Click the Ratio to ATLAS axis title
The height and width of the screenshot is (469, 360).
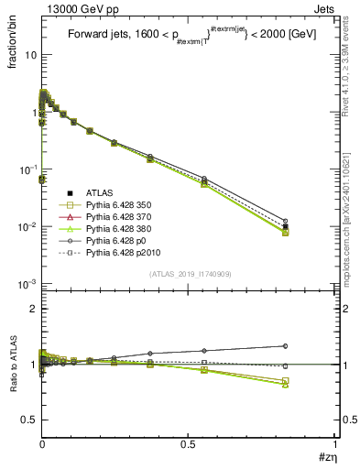tap(11, 366)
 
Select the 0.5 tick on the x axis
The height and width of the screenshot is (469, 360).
tap(189, 444)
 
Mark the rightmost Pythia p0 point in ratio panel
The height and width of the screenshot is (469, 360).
tap(286, 345)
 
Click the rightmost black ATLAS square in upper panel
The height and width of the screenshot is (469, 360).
tap(286, 226)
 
